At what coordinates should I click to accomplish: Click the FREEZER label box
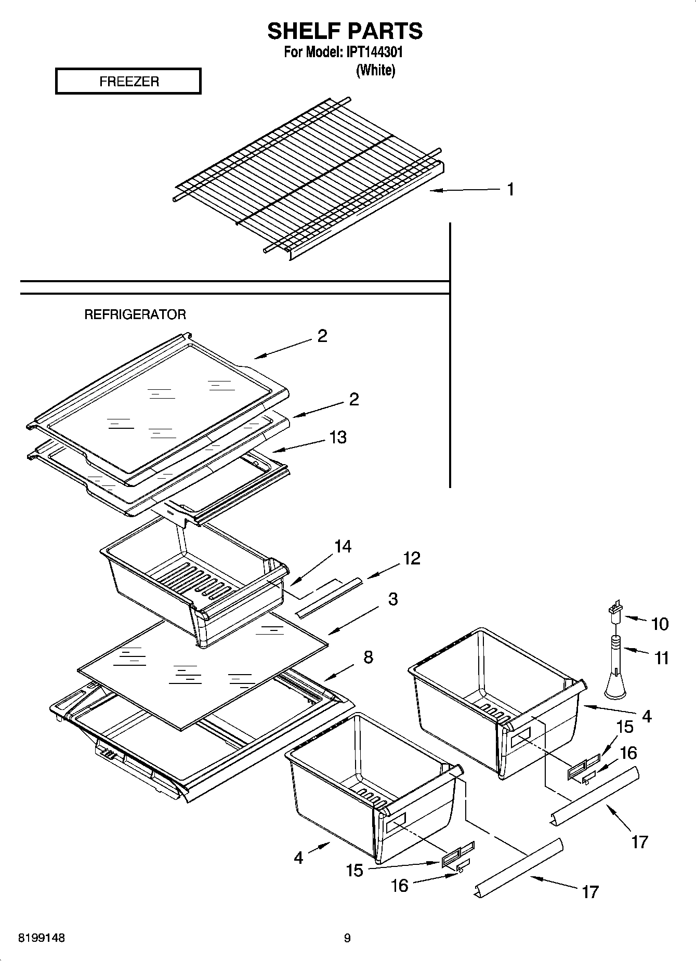pos(128,82)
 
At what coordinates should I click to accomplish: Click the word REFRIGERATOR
pos(135,314)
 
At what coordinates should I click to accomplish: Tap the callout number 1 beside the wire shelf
pos(510,189)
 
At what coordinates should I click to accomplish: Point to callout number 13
pos(338,437)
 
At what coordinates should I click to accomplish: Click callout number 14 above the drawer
pos(343,546)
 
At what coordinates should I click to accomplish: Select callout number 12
pos(411,558)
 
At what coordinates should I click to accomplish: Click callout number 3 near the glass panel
pos(393,599)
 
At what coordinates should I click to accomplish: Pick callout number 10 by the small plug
pos(660,624)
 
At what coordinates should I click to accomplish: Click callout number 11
pos(661,659)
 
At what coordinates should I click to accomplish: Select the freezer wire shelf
pos(307,177)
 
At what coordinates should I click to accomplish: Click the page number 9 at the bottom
pos(347,938)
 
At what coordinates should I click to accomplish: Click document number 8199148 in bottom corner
pos(42,938)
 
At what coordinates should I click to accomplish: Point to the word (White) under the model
pos(375,71)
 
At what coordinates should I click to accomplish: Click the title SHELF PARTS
pos(345,31)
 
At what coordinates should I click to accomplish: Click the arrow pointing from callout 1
pos(463,191)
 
